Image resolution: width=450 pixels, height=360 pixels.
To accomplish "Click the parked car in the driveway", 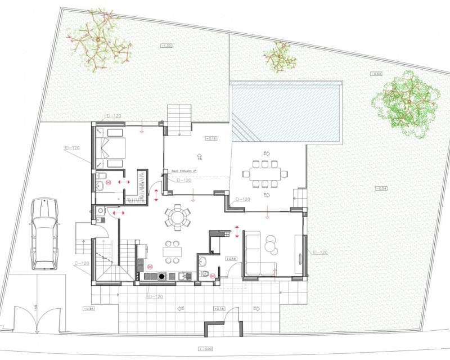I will click(44, 233).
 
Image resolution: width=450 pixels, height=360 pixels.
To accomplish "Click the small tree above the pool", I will click(280, 57).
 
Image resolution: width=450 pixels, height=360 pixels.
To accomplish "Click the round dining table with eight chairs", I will click(177, 217).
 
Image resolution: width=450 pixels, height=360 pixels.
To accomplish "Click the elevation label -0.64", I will click(376, 75).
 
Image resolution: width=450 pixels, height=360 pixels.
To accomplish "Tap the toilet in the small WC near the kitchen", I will click(205, 274).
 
